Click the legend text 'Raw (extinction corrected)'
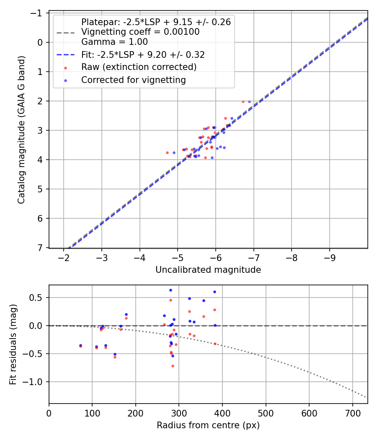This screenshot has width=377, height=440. click(x=139, y=67)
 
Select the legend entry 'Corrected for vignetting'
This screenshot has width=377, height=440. click(x=134, y=80)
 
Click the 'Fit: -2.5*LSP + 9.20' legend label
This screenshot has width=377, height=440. click(x=143, y=54)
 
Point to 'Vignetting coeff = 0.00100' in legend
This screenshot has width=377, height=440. click(x=140, y=32)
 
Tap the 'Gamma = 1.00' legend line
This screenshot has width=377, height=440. click(x=114, y=41)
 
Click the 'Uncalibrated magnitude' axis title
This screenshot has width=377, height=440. click(x=208, y=270)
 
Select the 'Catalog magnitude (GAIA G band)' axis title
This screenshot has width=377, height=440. click(x=21, y=130)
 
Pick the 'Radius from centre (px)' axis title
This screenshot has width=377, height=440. click(x=208, y=425)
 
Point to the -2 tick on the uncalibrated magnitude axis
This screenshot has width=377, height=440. click(x=64, y=256)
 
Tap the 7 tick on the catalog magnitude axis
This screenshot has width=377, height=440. click(x=41, y=248)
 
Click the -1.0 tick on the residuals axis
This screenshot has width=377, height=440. click(x=36, y=382)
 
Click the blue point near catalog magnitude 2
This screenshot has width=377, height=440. click(x=249, y=101)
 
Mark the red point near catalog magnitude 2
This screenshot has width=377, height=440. click(x=243, y=101)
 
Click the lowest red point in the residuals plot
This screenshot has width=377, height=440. click(x=173, y=366)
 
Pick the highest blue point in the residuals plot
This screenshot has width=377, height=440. click(x=170, y=290)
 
